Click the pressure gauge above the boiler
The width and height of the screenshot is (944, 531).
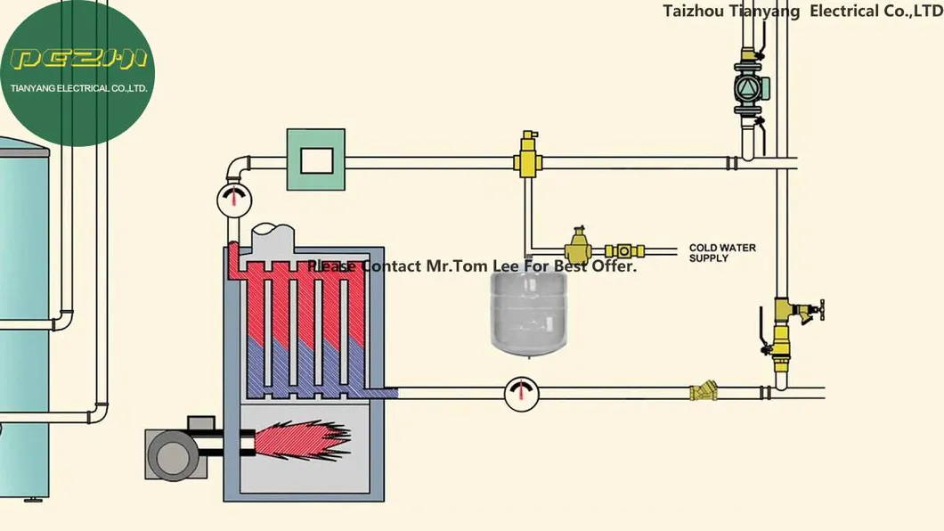(234, 199)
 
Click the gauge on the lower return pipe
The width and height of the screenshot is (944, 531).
(520, 393)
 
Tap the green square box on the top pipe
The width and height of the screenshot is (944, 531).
(315, 159)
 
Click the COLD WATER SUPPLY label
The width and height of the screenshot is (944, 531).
(721, 253)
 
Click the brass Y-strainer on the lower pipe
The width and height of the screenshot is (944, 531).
(704, 392)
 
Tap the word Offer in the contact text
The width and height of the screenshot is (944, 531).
(615, 266)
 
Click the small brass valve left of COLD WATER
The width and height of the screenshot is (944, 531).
(624, 252)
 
